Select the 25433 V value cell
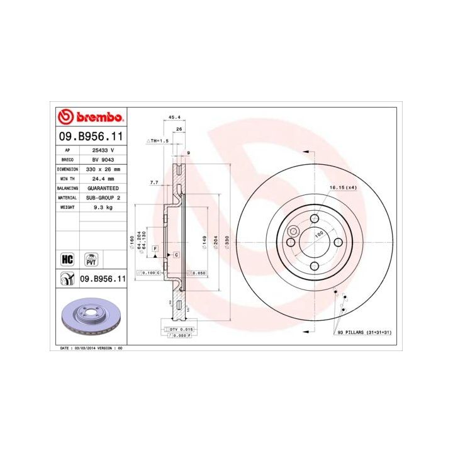coord(103,151)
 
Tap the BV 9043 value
coord(103,160)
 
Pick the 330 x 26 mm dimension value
coord(103,169)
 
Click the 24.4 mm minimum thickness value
coord(103,179)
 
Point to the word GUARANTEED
coord(103,188)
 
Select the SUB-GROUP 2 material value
coord(103,198)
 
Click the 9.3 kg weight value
coord(103,207)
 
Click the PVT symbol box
coord(92,258)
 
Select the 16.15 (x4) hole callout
coord(344,188)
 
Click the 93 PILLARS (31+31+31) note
coord(364,332)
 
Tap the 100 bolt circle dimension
coord(318,233)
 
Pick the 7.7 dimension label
coord(154,182)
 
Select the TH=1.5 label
coord(159,142)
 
